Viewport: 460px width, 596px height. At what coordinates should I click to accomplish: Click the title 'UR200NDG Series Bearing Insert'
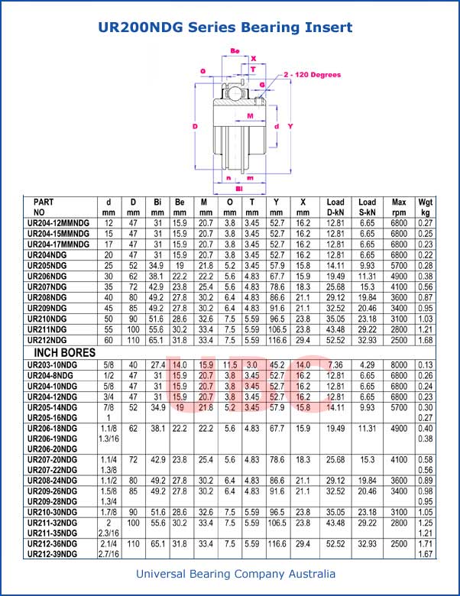coord(225,28)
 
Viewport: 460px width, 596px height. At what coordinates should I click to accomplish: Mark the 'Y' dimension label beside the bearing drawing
coord(291,126)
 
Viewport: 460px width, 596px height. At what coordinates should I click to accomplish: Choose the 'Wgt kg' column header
coord(426,207)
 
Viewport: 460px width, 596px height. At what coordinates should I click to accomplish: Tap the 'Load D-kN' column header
coord(335,207)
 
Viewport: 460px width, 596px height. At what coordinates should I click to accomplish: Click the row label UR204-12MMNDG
coord(58,223)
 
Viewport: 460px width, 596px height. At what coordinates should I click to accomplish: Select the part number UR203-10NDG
coord(52,365)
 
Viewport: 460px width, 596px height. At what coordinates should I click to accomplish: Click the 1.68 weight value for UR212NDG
coord(426,340)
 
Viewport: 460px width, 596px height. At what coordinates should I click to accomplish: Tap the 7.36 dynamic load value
coord(335,365)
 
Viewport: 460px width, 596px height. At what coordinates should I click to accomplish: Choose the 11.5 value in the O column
coord(230,365)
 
